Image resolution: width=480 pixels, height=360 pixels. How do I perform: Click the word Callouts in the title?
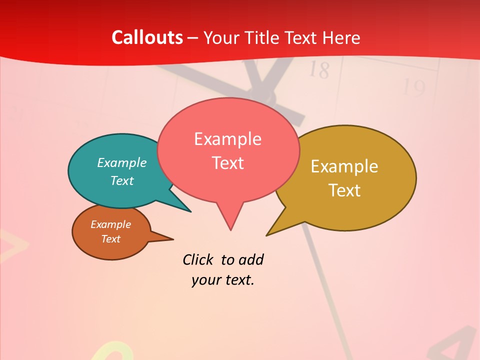pos(147,37)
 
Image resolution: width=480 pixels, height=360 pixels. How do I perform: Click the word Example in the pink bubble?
pos(228,139)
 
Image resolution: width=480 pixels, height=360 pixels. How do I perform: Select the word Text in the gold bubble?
pos(344,190)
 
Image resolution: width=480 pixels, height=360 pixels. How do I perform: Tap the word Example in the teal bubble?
pos(122,162)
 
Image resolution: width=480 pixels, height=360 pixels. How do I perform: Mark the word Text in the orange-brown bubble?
pos(110,239)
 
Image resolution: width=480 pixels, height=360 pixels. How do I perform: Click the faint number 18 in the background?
pos(318,70)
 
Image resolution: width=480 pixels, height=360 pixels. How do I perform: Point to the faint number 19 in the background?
pos(414,88)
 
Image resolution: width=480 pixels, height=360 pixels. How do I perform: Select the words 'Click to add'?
pos(223,260)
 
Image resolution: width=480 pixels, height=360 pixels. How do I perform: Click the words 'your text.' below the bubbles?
pos(223,280)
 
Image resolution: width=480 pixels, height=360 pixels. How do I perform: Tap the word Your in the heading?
pos(220,37)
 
